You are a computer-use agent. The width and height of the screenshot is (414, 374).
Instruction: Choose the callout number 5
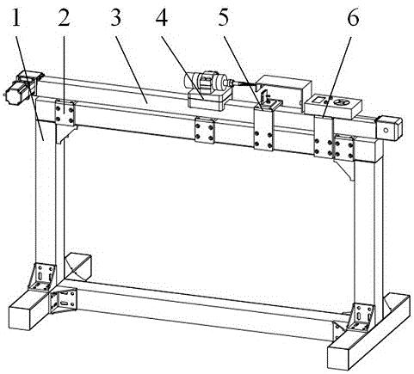(225, 18)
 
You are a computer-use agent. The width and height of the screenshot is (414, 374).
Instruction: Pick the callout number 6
(353, 18)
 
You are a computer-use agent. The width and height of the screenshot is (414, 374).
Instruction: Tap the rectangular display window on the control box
(318, 100)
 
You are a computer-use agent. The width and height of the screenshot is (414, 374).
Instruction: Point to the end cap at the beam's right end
(390, 127)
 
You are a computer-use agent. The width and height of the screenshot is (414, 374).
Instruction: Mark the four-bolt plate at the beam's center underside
(204, 130)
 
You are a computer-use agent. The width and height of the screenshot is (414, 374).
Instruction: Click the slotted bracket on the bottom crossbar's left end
(63, 302)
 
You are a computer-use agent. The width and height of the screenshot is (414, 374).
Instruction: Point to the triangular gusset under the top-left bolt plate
(65, 134)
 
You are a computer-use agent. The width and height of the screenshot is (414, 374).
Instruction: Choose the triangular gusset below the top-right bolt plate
(345, 169)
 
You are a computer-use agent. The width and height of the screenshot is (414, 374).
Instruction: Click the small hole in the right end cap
(386, 131)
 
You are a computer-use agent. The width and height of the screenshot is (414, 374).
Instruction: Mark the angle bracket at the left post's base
(42, 277)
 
